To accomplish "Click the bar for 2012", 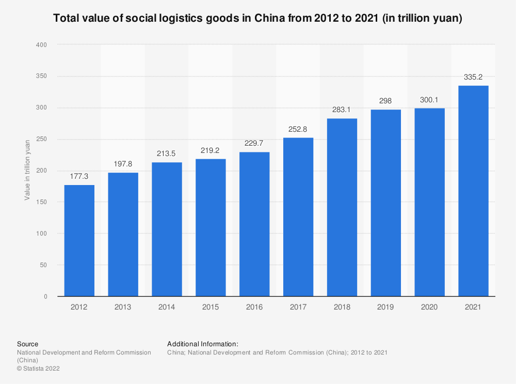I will tap(79, 240).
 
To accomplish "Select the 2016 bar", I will tap(254, 224).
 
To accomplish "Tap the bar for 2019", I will tap(385, 203).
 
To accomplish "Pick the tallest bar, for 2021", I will tap(473, 191).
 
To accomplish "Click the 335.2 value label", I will tap(473, 77).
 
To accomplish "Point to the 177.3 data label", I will tap(79, 177).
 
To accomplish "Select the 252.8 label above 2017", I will tap(298, 129).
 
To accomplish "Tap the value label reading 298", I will tap(385, 101).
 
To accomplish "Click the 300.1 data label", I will tap(429, 100).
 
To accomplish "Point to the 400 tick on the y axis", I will tap(42, 45).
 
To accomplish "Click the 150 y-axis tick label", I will tap(42, 202).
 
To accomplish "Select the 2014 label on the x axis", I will tap(167, 307).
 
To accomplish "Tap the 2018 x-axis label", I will tap(342, 307).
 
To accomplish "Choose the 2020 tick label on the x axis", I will tap(429, 307).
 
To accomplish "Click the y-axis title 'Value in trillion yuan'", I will tap(27, 170).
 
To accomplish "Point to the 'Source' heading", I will tap(27, 344).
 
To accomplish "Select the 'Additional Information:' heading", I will tap(202, 344).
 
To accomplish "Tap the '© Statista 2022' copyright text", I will tap(39, 368).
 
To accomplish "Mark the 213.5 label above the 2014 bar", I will tap(167, 153).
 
